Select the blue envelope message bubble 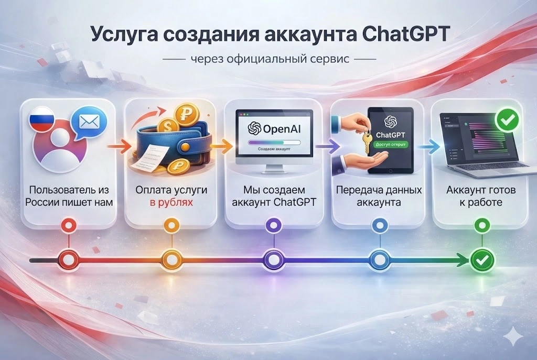pos(88,123)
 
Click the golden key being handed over pos(366,138)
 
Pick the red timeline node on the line pos(69,259)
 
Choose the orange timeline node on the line pos(170,259)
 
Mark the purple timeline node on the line pos(273,259)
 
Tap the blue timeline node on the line pos(379,259)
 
